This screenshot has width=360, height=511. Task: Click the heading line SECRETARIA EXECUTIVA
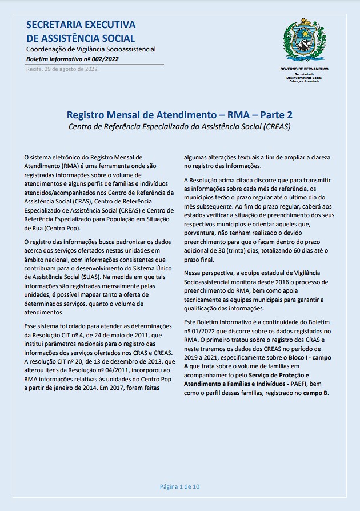click(81, 25)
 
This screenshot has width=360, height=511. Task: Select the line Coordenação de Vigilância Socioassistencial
click(91, 50)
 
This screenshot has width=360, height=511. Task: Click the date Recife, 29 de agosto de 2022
click(62, 69)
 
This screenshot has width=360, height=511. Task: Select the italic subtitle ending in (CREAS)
click(179, 126)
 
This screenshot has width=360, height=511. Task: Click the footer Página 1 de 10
click(179, 487)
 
